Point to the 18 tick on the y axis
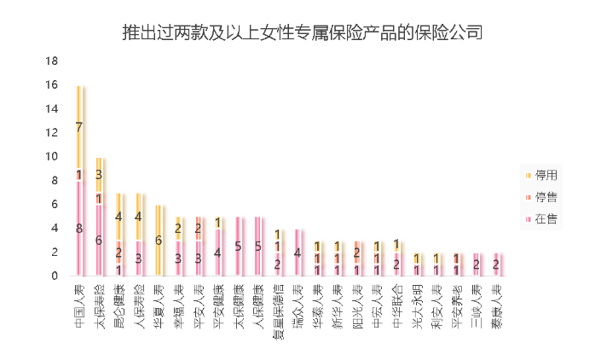coord(51,61)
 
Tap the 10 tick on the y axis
coord(51,157)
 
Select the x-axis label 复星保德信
coord(277,304)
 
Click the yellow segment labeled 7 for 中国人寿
coord(79,127)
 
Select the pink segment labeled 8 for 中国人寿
coord(79,228)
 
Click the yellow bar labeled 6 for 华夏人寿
coord(159,240)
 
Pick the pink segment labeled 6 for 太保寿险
coord(99,240)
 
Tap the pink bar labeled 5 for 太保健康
coord(238,246)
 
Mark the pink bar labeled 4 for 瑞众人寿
coord(298,252)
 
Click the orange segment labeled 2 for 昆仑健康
coord(118,252)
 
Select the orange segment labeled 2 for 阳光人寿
coord(357,252)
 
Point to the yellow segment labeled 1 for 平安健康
coord(218,222)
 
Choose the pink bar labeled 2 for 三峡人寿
coord(477,264)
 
